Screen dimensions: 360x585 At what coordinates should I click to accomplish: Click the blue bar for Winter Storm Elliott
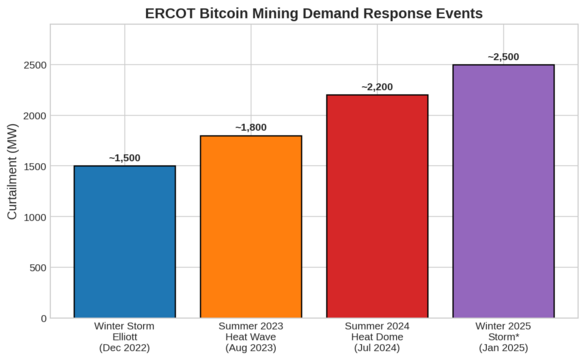coord(125,242)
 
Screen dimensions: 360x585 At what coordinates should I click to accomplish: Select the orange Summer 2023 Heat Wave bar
coord(251,227)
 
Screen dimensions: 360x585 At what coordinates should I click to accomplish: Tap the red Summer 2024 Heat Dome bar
coord(377,207)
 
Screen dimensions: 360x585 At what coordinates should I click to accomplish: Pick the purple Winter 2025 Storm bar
coord(503,192)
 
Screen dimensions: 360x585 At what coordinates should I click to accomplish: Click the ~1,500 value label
coord(125,158)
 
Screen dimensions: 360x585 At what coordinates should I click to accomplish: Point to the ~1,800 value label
coord(251,128)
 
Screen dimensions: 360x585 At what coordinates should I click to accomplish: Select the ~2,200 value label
coord(377,87)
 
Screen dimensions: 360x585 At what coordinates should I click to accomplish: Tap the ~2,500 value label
coord(503,57)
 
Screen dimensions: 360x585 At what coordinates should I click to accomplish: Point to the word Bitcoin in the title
coord(241,14)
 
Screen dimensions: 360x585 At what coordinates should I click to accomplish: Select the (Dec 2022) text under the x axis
coord(125,348)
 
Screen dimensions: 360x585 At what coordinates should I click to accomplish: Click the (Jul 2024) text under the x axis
coord(377,348)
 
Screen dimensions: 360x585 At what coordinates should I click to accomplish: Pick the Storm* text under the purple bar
coord(503,337)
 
